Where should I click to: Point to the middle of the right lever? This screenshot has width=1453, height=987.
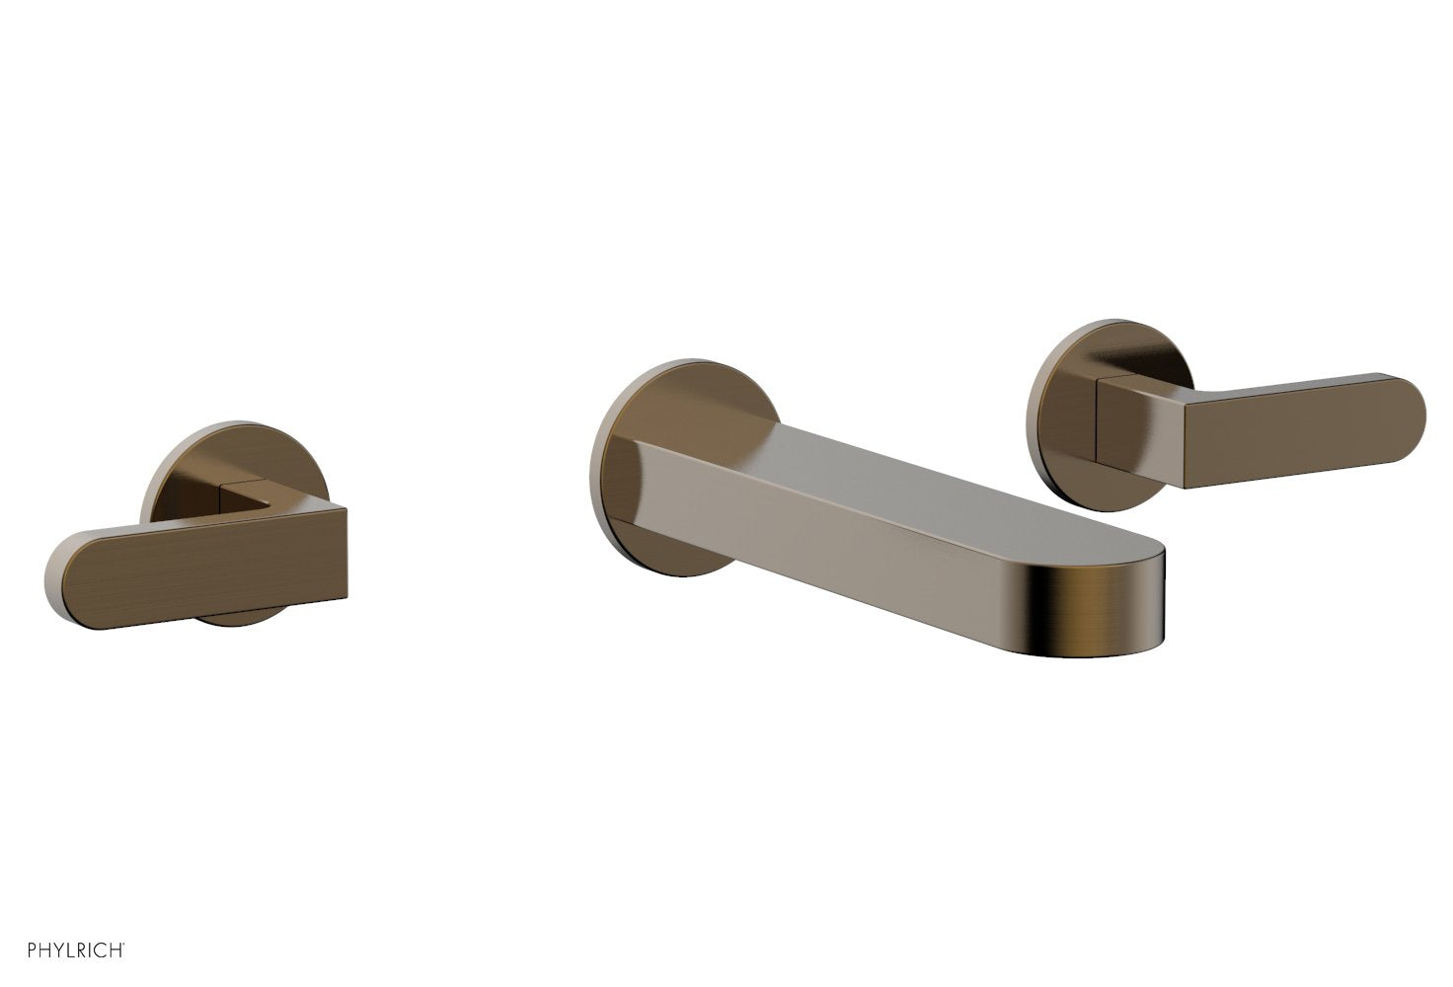1283,434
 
